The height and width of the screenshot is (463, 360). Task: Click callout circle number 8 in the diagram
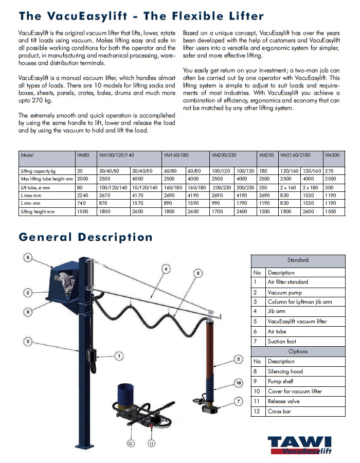pos(28,257)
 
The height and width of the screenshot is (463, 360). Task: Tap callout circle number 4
pos(165,268)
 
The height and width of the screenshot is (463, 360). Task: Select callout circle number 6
pos(199,273)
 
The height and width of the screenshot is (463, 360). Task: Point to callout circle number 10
pos(239,383)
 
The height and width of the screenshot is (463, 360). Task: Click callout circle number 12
pos(130,443)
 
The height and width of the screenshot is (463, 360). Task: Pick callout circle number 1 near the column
pos(119,355)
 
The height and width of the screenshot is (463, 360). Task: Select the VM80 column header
pos(83,154)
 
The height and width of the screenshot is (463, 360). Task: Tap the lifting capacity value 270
pos(330,170)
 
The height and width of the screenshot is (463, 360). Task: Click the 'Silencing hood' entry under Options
pos(285,371)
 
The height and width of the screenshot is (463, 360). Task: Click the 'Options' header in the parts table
pos(298,351)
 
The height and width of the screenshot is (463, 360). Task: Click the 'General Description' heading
pos(86,237)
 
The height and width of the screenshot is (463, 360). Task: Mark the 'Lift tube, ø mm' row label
pos(37,187)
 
